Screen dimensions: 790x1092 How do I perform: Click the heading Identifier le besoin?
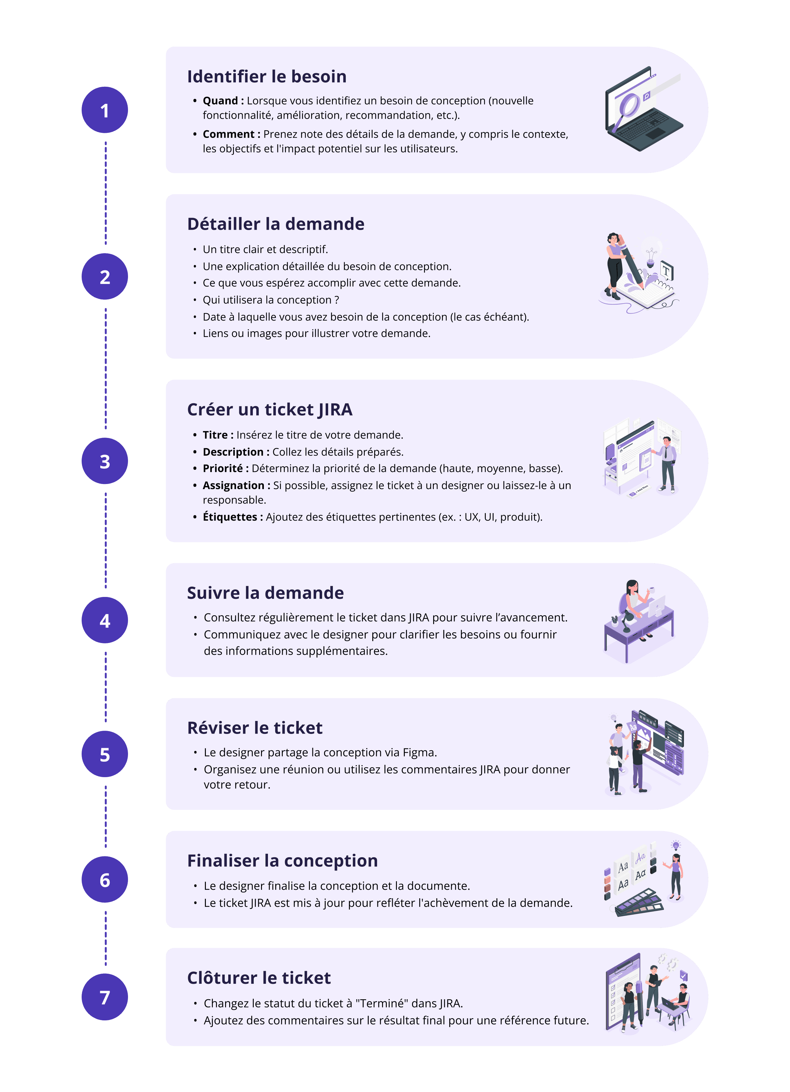(267, 77)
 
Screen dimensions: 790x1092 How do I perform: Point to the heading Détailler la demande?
(276, 224)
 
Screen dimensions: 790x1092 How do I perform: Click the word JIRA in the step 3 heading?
(335, 410)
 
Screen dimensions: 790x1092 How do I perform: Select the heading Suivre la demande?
(265, 593)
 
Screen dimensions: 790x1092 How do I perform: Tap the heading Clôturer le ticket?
(259, 978)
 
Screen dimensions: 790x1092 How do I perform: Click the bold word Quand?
(220, 101)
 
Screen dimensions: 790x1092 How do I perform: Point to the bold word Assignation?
(233, 485)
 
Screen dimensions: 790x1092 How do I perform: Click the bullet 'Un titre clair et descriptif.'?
(265, 249)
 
